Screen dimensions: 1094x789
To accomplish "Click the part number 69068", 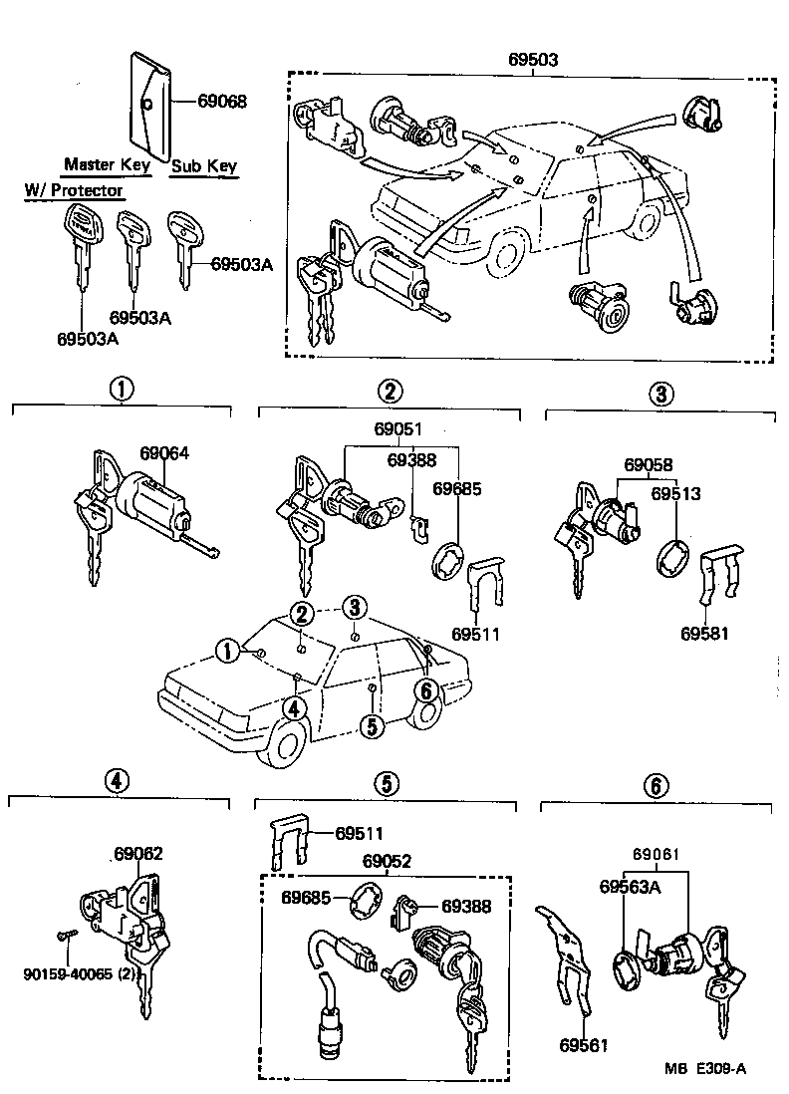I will pos(221,101).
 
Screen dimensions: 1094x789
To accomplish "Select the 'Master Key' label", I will pos(107,164).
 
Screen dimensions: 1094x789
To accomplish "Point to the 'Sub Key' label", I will pos(203,166).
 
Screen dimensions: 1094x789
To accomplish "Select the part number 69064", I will pos(164,453).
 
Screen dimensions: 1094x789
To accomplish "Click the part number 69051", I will pos(397,430).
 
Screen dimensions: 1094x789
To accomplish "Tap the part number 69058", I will pos(649,465).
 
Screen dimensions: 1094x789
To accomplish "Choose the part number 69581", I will pos(706,633).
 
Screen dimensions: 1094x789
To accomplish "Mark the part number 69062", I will pos(138,854).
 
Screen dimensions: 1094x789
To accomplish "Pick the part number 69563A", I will pos(630,886).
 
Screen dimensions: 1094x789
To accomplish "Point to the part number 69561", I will pos(583,1045).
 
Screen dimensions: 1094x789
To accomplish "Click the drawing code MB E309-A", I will pos(705,1068).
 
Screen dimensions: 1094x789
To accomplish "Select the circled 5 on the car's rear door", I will pos(371,725).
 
